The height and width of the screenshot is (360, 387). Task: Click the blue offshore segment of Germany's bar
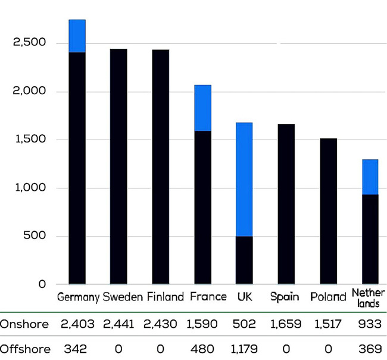tap(77, 36)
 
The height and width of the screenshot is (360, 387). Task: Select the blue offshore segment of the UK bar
tap(244, 179)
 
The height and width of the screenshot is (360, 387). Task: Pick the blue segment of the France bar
tap(202, 108)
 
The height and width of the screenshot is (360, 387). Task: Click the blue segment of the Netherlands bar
tap(370, 177)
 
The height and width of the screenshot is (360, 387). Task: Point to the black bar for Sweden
tap(118, 166)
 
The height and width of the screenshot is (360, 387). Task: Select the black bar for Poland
tap(328, 211)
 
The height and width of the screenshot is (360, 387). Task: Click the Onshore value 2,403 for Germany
tap(78, 324)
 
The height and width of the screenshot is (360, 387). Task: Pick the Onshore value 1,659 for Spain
tap(286, 324)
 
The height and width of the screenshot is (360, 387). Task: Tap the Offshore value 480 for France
tap(202, 348)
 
